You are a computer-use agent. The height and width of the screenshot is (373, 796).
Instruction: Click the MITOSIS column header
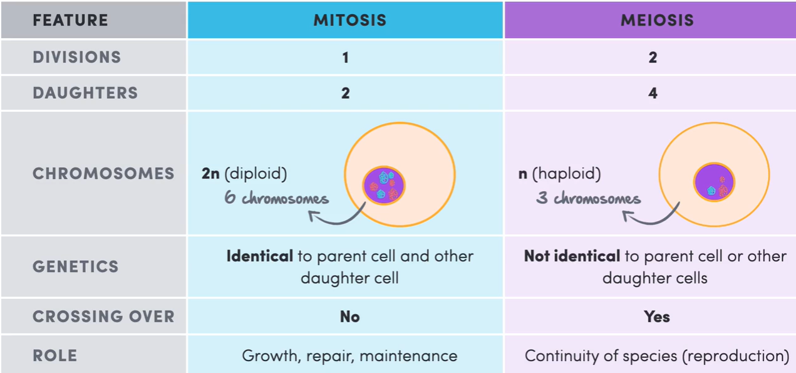point(349,20)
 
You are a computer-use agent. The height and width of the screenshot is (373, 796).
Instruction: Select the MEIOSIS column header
point(657,20)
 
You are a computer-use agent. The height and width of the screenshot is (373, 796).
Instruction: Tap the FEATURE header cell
point(70,20)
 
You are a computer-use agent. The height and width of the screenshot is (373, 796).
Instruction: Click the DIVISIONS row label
point(76,57)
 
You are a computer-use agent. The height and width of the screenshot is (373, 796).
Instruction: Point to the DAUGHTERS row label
point(85,93)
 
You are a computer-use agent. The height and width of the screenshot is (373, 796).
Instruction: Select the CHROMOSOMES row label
point(103,174)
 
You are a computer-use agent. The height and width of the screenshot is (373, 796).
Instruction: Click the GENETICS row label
point(75,266)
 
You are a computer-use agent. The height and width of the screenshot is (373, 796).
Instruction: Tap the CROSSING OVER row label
point(103,317)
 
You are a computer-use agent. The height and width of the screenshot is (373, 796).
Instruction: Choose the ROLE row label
point(54,355)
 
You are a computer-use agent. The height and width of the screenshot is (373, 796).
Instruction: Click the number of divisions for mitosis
point(345,58)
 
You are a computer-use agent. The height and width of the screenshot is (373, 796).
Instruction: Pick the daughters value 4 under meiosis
point(653,93)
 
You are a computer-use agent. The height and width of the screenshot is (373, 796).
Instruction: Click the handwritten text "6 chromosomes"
point(276,199)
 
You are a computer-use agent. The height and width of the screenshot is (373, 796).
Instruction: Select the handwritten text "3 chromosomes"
point(588,199)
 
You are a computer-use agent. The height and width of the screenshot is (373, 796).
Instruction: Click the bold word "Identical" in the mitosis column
point(259,256)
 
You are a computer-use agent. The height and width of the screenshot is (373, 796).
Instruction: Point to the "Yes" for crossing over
point(657,317)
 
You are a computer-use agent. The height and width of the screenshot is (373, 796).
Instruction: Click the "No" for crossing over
point(349,317)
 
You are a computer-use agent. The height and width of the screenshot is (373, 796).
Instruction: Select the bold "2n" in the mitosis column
point(210,174)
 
